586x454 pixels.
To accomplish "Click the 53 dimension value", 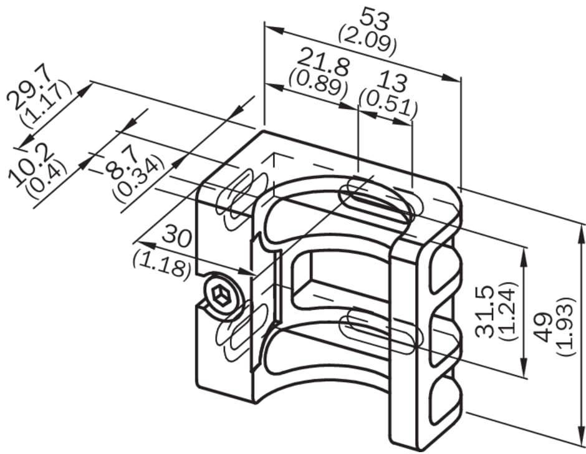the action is (375, 19).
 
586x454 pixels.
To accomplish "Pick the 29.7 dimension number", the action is (31, 89).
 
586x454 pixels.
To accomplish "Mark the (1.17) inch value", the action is (46, 103).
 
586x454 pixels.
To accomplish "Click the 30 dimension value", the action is (177, 236).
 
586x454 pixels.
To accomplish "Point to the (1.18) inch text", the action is (162, 262).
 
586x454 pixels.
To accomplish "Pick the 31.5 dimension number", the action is (486, 312).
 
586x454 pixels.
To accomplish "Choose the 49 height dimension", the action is (543, 327).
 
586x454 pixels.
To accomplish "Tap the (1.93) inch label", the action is (564, 326).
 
